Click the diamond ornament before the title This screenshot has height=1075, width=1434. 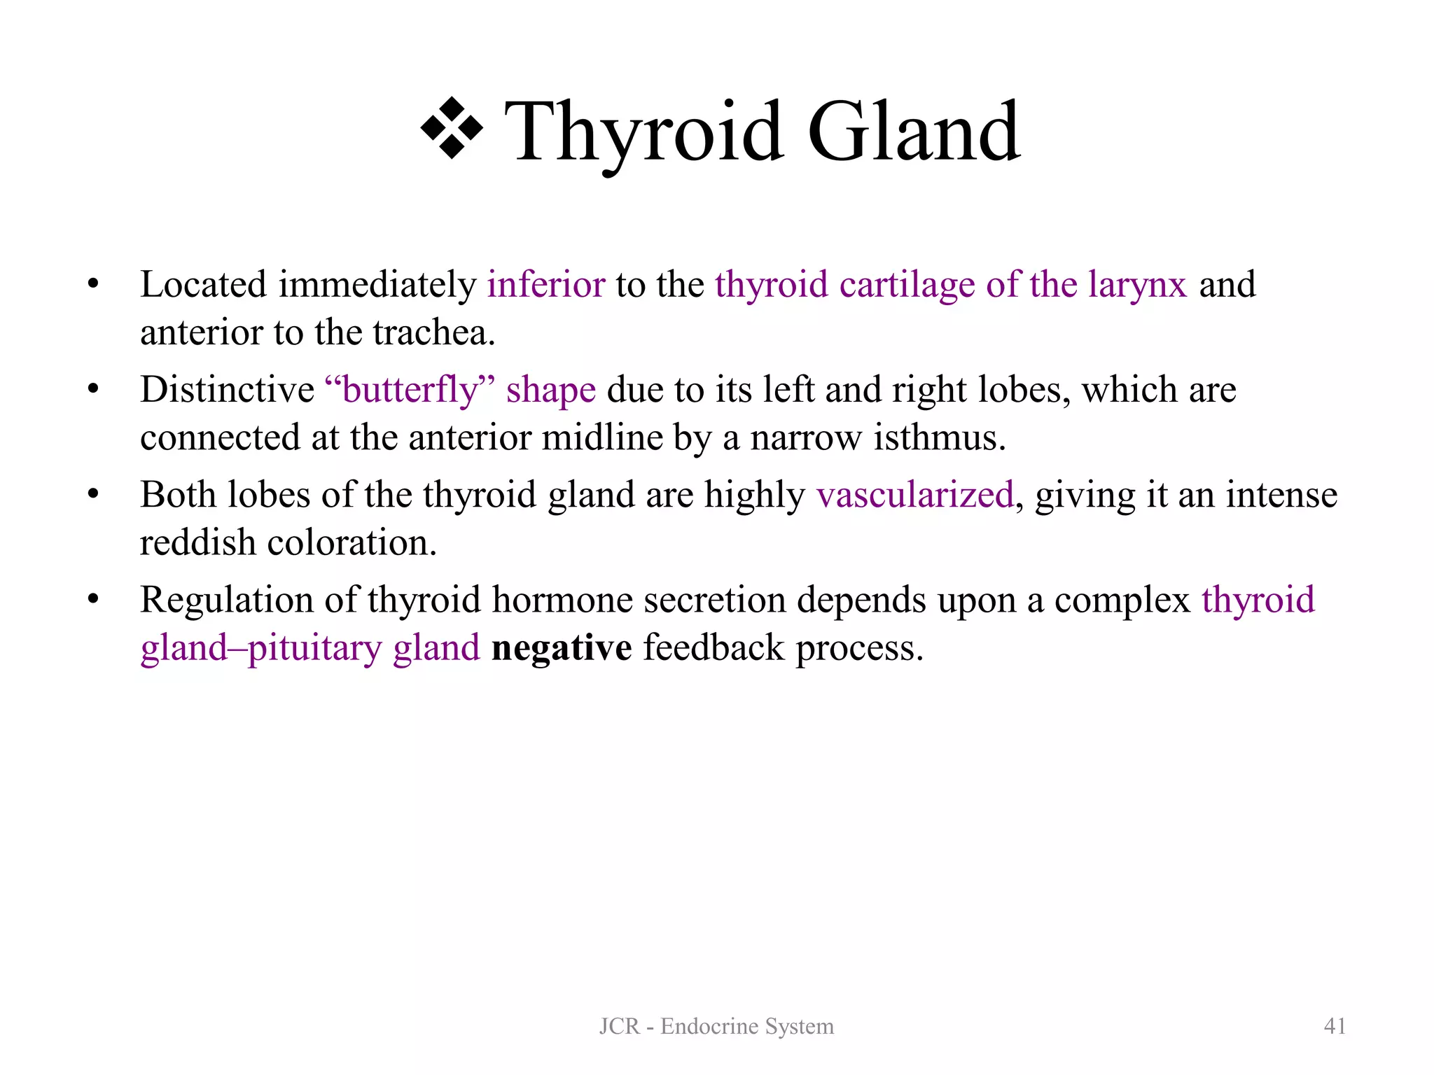click(x=452, y=129)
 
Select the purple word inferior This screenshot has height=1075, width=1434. click(x=546, y=285)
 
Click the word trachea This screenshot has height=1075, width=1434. click(x=433, y=332)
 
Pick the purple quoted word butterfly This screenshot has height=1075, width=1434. click(x=410, y=391)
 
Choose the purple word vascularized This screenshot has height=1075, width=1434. click(x=915, y=495)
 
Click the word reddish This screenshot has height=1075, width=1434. click(x=198, y=543)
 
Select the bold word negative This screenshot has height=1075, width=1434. click(x=562, y=648)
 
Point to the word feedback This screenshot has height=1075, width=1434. click(x=714, y=648)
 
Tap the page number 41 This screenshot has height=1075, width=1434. click(x=1335, y=1026)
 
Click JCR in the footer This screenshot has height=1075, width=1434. click(x=620, y=1027)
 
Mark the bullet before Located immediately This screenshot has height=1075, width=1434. click(x=93, y=285)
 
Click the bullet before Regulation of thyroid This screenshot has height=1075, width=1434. click(x=93, y=600)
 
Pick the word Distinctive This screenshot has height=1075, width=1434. click(x=228, y=390)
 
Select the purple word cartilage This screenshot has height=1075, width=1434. click(x=907, y=286)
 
